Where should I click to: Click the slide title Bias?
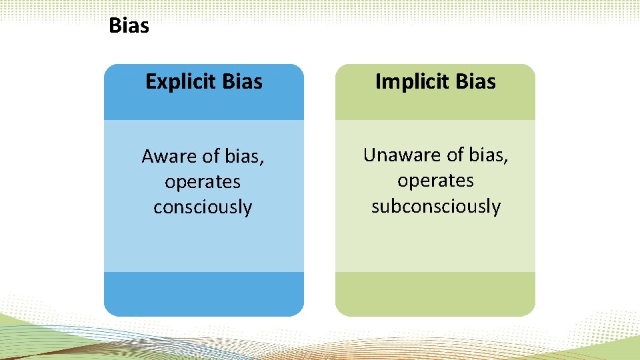pos(129,26)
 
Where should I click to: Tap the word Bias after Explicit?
pos(243,81)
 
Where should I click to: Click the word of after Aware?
pos(211,157)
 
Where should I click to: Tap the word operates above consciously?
pos(203,182)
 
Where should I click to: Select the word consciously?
pos(203,207)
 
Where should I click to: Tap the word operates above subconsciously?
pos(435,181)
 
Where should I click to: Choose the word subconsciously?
pos(435,206)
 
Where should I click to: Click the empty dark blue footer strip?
pos(203,293)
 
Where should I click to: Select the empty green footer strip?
pos(435,293)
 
